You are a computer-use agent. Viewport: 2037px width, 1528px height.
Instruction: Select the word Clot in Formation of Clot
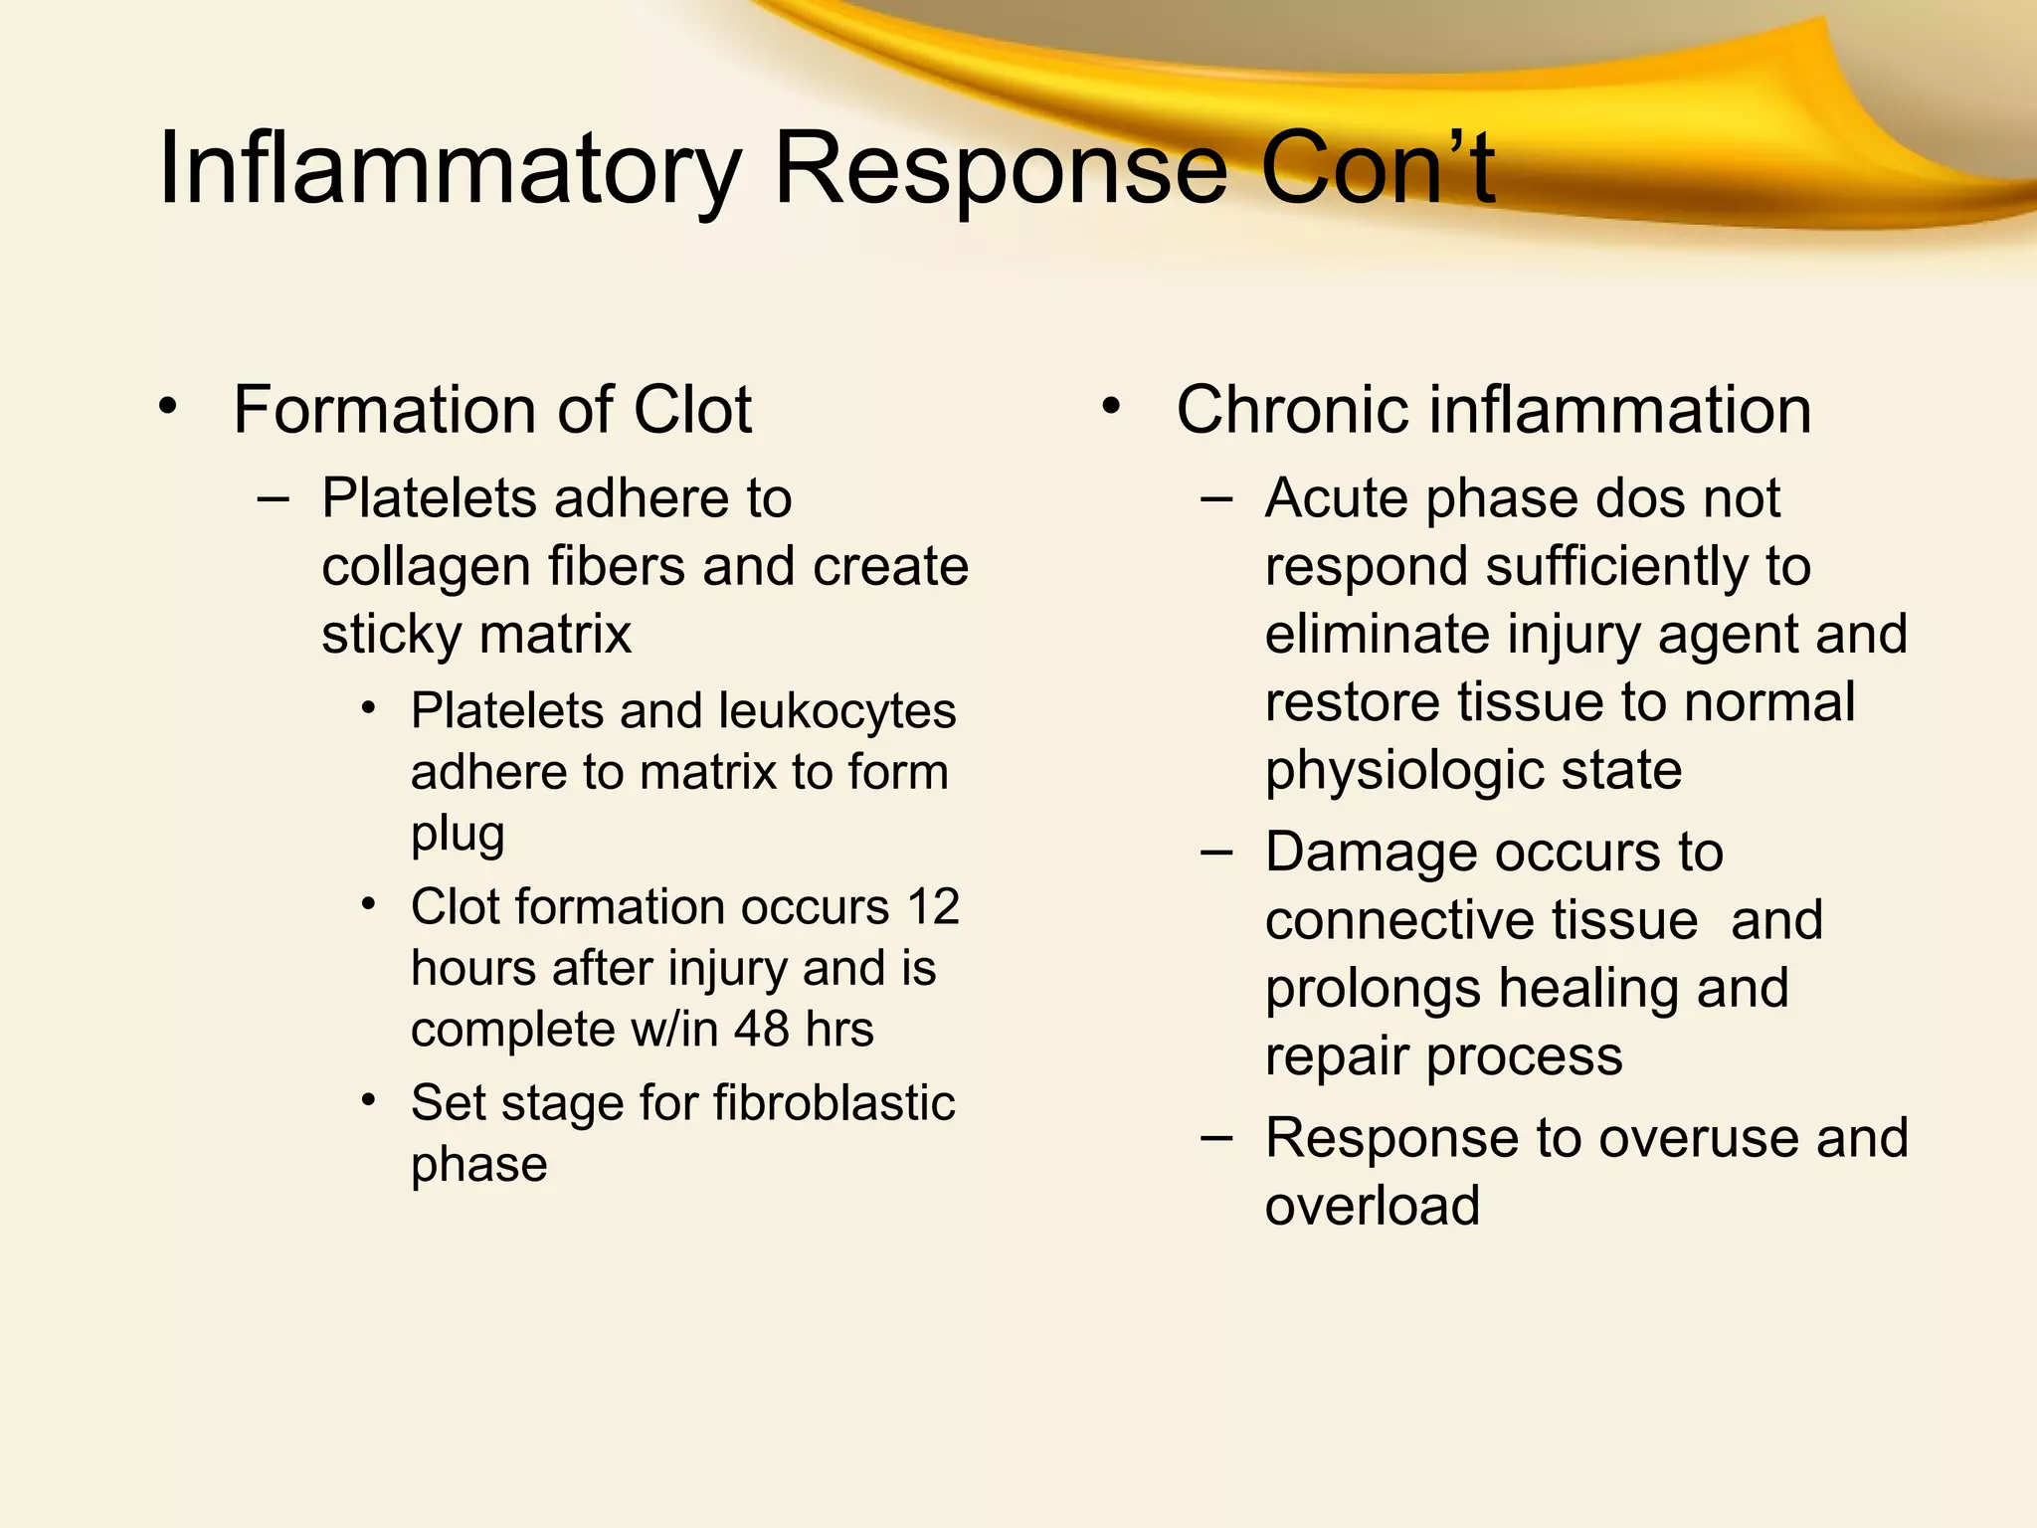692,410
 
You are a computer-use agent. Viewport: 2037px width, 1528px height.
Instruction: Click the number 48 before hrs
762,1029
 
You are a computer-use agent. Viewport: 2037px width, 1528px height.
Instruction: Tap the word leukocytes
836,711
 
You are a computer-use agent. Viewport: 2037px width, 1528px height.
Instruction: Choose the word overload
1373,1206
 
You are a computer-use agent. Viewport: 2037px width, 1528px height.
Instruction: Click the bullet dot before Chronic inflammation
1111,407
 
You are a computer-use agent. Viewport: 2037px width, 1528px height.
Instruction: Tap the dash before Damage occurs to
1215,853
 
